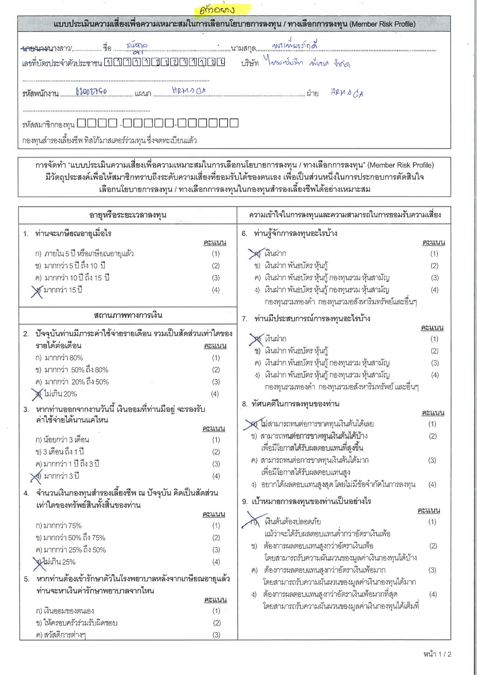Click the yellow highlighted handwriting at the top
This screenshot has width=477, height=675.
[222, 9]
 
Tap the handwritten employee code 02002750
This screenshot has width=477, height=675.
[91, 91]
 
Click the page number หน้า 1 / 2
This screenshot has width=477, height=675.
[437, 654]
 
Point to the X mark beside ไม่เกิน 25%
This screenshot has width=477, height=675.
[39, 563]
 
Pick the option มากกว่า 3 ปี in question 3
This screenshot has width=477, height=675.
[61, 476]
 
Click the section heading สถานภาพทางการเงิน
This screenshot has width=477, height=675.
[128, 315]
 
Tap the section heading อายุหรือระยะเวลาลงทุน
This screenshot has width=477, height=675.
[128, 215]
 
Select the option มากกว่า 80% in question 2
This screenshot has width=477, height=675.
[64, 358]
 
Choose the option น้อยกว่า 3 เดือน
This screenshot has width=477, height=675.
[66, 439]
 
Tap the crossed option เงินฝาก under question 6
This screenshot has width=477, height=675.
[275, 254]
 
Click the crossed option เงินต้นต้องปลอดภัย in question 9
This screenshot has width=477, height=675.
[292, 522]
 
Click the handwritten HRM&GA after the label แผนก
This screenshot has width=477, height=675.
[189, 91]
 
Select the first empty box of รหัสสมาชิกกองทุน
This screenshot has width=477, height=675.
[81, 123]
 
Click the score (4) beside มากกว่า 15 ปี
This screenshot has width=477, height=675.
[215, 290]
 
